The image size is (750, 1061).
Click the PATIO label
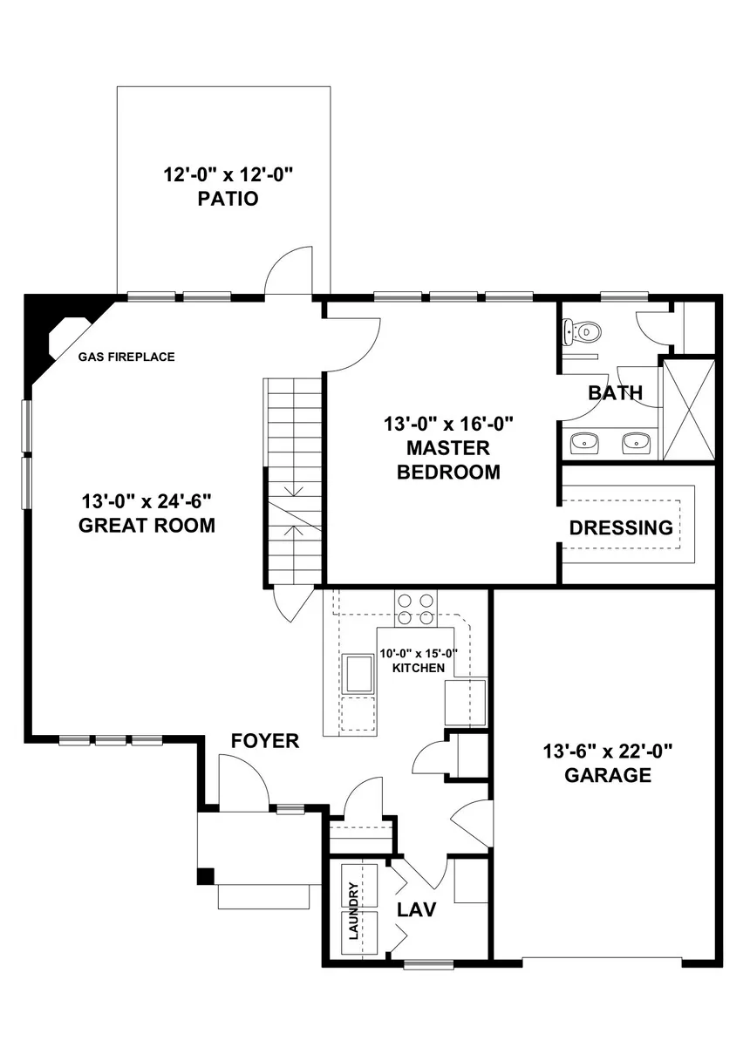tap(228, 199)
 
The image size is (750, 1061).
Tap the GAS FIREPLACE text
tap(126, 357)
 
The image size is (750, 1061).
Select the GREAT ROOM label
tap(147, 526)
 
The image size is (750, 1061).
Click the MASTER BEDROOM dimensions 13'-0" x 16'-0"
tap(448, 424)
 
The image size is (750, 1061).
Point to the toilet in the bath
tap(582, 331)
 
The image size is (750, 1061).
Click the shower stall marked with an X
tap(689, 409)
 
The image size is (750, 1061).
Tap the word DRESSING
tap(621, 527)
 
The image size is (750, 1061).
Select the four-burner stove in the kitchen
tap(416, 609)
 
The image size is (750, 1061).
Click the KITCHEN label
tap(419, 668)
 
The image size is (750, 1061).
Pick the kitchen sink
tap(359, 674)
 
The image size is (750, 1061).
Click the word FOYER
tap(265, 741)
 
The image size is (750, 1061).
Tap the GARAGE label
tap(609, 775)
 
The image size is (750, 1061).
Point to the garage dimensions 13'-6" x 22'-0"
tap(608, 752)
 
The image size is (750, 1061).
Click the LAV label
tap(417, 910)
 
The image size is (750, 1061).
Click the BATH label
tap(616, 392)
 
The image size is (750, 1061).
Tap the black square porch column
tap(206, 876)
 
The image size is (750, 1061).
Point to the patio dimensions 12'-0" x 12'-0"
tap(227, 174)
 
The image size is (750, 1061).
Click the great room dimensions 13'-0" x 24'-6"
tap(147, 501)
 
